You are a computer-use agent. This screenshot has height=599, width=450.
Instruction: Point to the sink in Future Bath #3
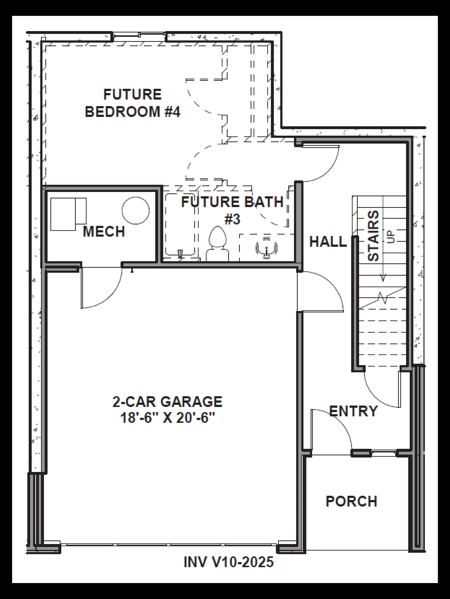click(x=267, y=247)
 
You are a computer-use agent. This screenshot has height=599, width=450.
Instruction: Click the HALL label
click(x=328, y=242)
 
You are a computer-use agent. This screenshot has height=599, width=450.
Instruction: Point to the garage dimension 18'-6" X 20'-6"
click(x=167, y=418)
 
